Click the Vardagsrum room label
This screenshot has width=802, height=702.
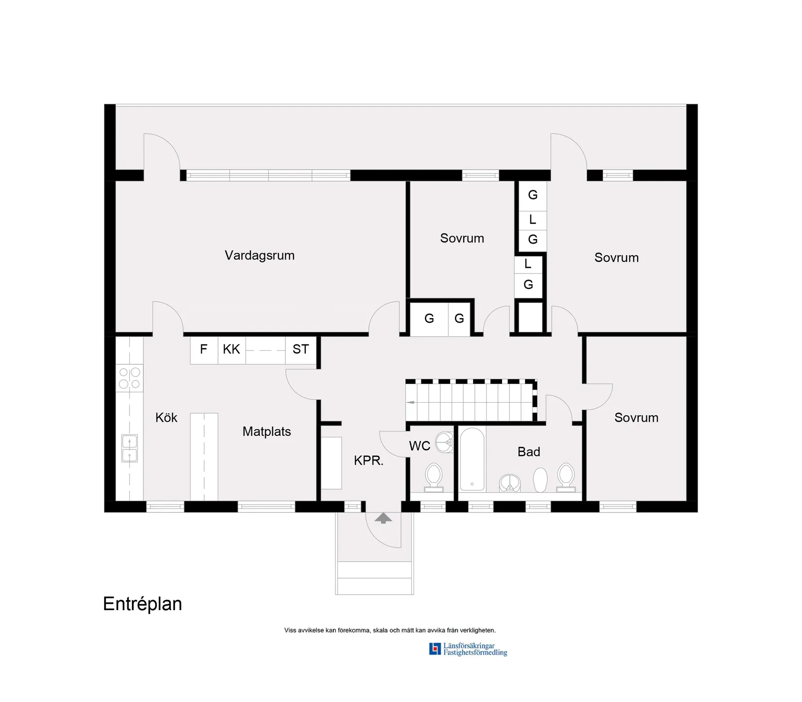[x=260, y=256]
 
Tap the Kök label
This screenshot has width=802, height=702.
[x=166, y=418]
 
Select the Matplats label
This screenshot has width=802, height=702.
[x=266, y=431]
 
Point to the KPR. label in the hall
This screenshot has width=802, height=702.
[x=368, y=461]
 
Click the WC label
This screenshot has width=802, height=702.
[x=419, y=446]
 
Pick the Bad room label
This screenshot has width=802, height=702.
[x=529, y=452]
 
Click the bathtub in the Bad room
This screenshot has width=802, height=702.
[x=472, y=459]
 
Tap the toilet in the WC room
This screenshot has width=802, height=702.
[x=434, y=477]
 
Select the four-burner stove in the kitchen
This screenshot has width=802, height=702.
[x=129, y=378]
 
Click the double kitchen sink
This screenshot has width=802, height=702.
[x=129, y=448]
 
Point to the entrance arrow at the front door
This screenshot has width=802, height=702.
[x=383, y=518]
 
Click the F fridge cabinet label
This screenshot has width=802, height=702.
[x=204, y=349]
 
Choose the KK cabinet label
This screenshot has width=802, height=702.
[x=231, y=349]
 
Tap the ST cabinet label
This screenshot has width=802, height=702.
[x=300, y=349]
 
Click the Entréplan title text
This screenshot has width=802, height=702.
[x=142, y=604]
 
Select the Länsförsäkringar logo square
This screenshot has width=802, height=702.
[x=435, y=649]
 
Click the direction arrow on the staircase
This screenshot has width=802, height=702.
[x=411, y=402]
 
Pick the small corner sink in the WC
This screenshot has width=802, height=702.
[x=444, y=442]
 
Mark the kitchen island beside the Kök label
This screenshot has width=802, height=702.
[x=204, y=457]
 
